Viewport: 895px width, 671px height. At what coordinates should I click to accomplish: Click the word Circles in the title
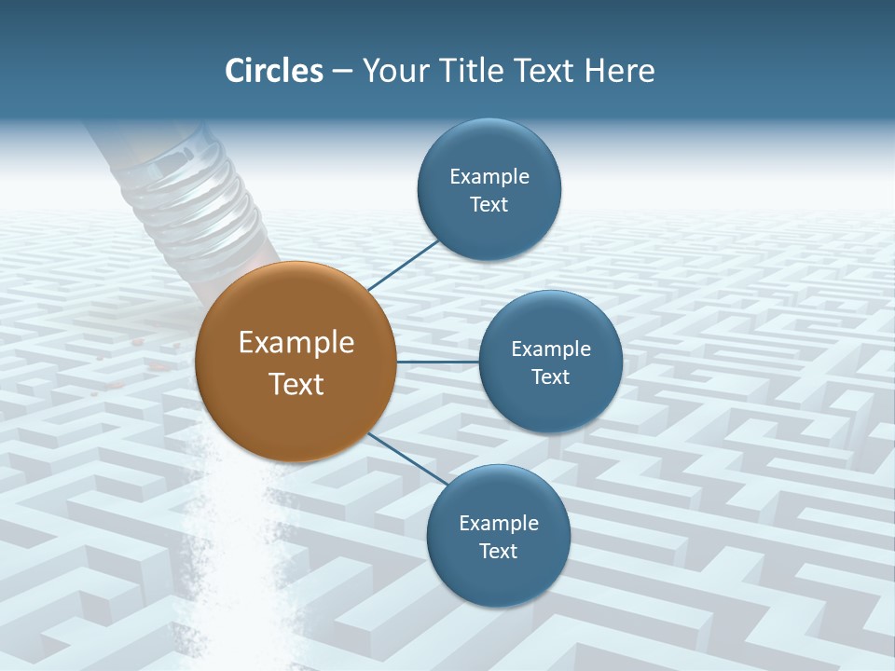coord(273,71)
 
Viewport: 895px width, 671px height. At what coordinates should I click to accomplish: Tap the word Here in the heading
coord(618,71)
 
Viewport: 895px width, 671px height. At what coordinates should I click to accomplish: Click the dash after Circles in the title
coord(342,72)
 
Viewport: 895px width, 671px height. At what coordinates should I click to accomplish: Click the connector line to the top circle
coord(403,266)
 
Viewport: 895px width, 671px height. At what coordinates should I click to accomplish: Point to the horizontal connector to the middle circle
coord(438,362)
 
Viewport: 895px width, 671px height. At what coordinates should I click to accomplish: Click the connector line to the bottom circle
coord(407,459)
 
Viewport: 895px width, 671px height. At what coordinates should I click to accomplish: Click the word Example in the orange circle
coord(296,343)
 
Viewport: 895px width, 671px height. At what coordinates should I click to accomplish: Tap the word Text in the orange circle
coord(296,384)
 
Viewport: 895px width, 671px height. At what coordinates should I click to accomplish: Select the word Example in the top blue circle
coord(489,177)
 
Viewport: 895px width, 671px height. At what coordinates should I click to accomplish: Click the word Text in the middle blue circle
coord(550,377)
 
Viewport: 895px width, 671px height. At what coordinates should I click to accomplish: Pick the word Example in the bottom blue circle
coord(499,523)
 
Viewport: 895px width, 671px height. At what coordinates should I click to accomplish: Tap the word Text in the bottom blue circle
coord(498,552)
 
